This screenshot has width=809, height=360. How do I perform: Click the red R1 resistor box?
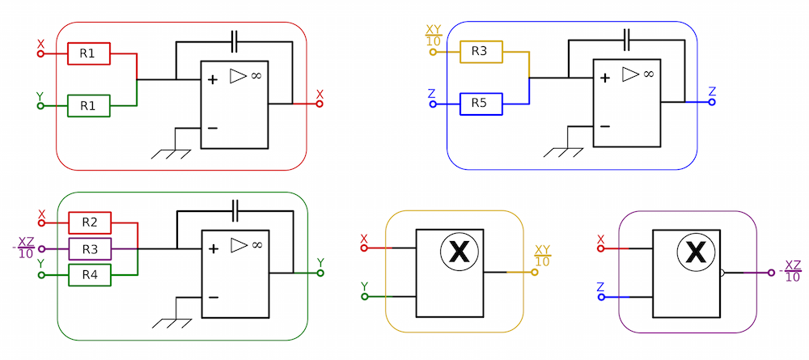pyautogui.click(x=89, y=53)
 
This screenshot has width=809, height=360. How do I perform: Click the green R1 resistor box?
pyautogui.click(x=89, y=106)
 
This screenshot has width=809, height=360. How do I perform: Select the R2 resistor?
pyautogui.click(x=90, y=222)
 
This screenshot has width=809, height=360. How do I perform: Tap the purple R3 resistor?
pyautogui.click(x=90, y=249)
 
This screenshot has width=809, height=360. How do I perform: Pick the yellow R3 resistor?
pyautogui.click(x=481, y=52)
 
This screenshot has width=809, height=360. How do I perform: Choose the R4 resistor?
pyautogui.click(x=90, y=275)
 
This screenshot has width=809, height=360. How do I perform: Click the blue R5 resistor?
pyautogui.click(x=481, y=104)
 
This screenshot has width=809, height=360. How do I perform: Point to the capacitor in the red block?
pyautogui.click(x=235, y=42)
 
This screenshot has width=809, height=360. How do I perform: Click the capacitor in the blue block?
pyautogui.click(x=627, y=40)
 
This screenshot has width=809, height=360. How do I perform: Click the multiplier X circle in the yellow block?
pyautogui.click(x=458, y=252)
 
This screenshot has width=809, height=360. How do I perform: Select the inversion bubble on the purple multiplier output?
pyautogui.click(x=722, y=273)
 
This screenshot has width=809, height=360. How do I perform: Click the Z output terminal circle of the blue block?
pyautogui.click(x=712, y=102)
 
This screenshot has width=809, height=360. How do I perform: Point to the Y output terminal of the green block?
pyautogui.click(x=320, y=273)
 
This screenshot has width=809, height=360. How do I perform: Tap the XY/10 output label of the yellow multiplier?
pyautogui.click(x=542, y=256)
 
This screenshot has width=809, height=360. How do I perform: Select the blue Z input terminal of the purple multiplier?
pyautogui.click(x=601, y=298)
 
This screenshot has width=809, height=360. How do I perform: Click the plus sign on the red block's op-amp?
pyautogui.click(x=212, y=80)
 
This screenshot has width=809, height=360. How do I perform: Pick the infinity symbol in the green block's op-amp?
pyautogui.click(x=256, y=244)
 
